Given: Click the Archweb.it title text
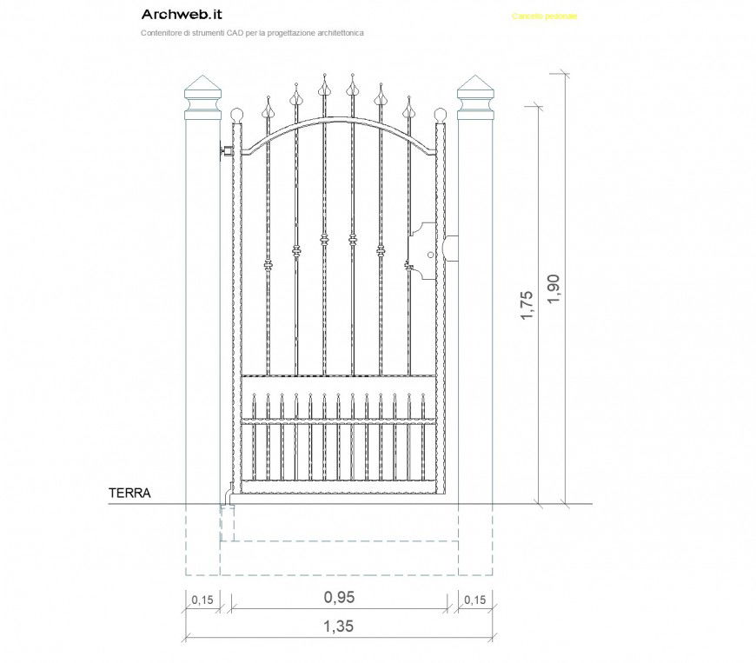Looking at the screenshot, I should (x=181, y=15).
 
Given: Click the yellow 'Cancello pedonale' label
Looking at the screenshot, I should (x=545, y=17).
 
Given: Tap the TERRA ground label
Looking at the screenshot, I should (x=129, y=493).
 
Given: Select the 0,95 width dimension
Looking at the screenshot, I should (x=339, y=597).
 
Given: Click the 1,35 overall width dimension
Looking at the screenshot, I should (x=339, y=626).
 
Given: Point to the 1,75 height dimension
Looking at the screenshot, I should (x=527, y=306).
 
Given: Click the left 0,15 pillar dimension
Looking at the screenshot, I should (x=202, y=600).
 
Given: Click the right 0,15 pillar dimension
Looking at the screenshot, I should (x=475, y=600).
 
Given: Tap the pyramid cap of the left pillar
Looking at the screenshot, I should (x=202, y=86).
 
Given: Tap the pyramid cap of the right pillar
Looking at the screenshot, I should (x=475, y=86).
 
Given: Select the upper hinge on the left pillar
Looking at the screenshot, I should (x=226, y=151).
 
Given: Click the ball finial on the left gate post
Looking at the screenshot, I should (x=237, y=115).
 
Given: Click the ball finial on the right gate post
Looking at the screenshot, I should (x=441, y=115).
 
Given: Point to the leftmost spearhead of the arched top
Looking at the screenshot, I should (x=268, y=109).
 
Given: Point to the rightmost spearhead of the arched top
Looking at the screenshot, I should (x=409, y=109).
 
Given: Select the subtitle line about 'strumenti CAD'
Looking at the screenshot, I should (x=252, y=32).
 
